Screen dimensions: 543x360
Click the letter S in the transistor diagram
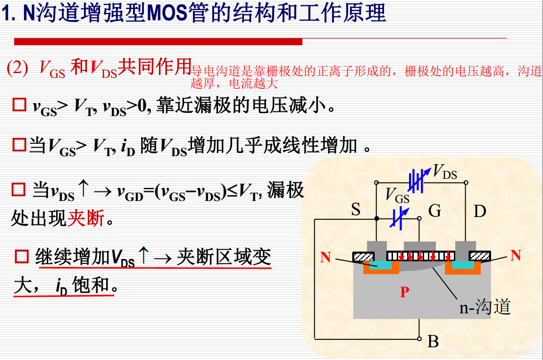click(356, 209)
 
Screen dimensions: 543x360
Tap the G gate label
click(434, 210)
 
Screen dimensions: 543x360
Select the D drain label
click(480, 211)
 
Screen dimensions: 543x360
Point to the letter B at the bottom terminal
click(433, 341)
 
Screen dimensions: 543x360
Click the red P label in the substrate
click(404, 292)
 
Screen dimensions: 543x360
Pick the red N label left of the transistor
click(326, 258)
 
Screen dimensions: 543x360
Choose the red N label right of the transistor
click(516, 255)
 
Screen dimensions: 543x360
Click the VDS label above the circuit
click(445, 172)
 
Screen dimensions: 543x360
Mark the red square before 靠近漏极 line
click(19, 105)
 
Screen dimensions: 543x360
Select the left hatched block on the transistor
click(363, 256)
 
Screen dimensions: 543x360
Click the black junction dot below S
click(376, 218)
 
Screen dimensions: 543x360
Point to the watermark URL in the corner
click(488, 352)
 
